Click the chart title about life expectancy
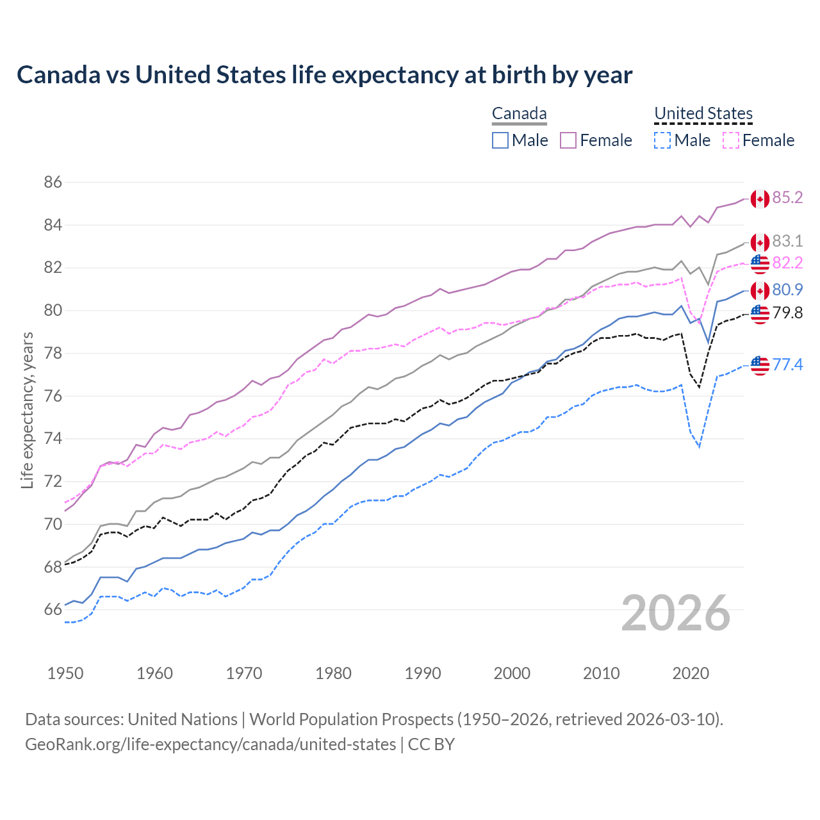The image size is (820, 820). click(x=324, y=75)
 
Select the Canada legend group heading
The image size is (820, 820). click(x=519, y=114)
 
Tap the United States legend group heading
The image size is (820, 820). click(x=703, y=114)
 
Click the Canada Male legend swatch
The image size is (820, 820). click(x=500, y=140)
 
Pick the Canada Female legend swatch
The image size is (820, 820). click(x=568, y=140)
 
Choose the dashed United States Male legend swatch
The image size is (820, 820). click(x=662, y=140)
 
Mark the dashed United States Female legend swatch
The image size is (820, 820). click(x=730, y=140)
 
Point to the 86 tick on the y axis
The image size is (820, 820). click(x=53, y=183)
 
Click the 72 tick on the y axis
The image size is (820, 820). click(x=53, y=482)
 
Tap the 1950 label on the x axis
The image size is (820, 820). click(x=65, y=673)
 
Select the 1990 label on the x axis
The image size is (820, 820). click(x=423, y=673)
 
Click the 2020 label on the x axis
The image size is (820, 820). click(x=691, y=673)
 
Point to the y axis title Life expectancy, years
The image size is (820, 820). click(x=27, y=410)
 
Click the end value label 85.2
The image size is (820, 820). click(x=787, y=198)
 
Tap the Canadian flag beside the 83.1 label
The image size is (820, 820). click(x=760, y=242)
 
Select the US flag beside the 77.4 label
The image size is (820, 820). click(x=760, y=365)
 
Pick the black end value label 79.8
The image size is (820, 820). click(x=787, y=313)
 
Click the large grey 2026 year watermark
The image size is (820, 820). click(x=676, y=613)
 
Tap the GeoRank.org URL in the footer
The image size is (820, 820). click(x=210, y=744)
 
